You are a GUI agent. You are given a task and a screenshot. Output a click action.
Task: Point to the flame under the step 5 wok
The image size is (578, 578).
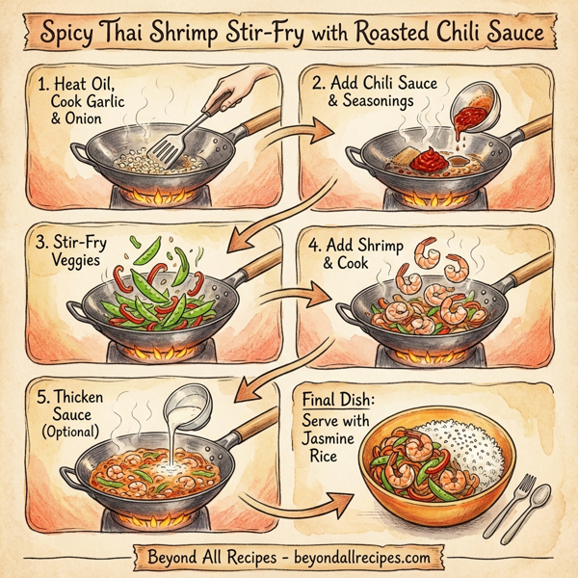point(146,521)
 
